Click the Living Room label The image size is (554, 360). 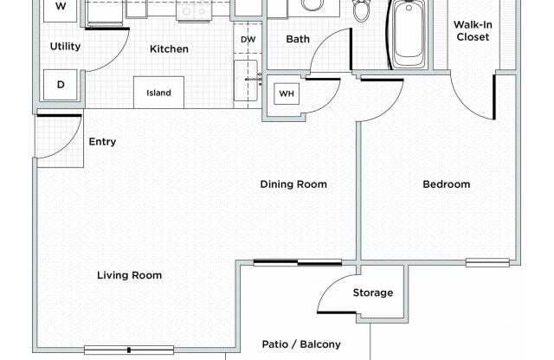[x=129, y=275]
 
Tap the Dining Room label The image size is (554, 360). [x=293, y=183]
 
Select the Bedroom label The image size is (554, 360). [x=446, y=183]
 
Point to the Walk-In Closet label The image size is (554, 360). [x=472, y=30]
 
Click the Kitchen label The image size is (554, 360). [x=169, y=49]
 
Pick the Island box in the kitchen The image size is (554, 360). [x=158, y=93]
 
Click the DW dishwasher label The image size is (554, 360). [x=248, y=39]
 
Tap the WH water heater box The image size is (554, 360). [x=287, y=93]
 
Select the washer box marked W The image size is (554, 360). [x=61, y=7]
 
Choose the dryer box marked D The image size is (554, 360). [x=61, y=85]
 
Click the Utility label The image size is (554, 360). [x=65, y=46]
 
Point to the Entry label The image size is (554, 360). [x=102, y=142]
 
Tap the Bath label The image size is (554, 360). [x=298, y=39]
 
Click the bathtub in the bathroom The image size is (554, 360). [x=409, y=35]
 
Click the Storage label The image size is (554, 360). [x=372, y=292]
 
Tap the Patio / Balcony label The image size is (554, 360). [x=301, y=344]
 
